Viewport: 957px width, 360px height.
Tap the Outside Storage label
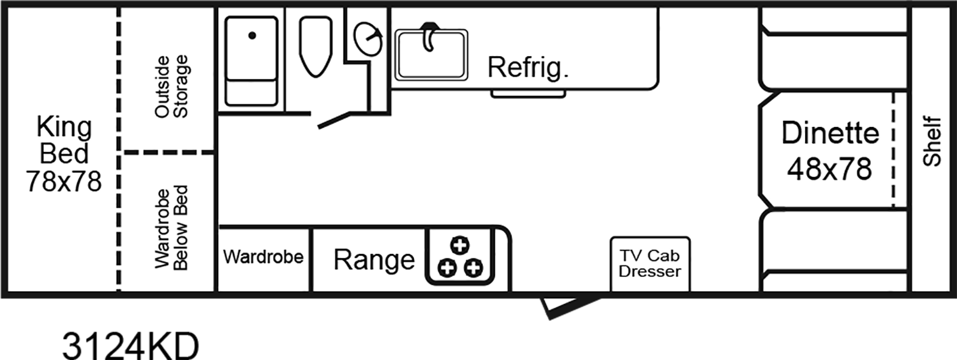(172, 87)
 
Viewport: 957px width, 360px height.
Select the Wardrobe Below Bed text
(172, 228)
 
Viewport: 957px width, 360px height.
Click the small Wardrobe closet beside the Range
(263, 258)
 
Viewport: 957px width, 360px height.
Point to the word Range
(374, 260)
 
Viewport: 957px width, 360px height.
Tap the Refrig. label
(528, 67)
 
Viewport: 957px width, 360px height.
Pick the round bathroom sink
(369, 40)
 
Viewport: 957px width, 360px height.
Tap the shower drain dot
(253, 36)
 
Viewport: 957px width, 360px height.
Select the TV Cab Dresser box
(650, 264)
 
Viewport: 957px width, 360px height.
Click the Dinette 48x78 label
(829, 151)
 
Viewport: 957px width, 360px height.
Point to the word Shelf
(933, 141)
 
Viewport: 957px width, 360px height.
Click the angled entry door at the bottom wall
(561, 307)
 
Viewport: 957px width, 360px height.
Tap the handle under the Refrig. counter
(528, 94)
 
